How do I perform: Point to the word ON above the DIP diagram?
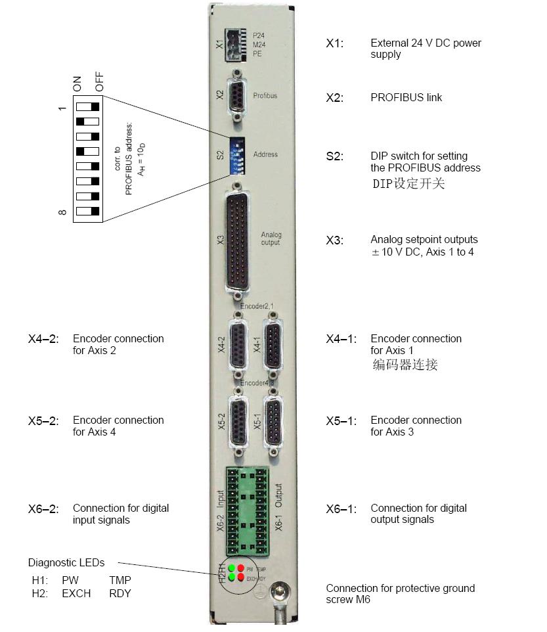click(77, 84)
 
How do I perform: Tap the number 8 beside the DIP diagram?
click(62, 212)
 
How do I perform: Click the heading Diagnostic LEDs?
click(66, 562)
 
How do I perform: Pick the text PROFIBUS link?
click(406, 98)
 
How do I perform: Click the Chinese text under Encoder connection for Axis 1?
click(405, 365)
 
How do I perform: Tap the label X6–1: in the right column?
click(341, 509)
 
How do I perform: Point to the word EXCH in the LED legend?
click(75, 593)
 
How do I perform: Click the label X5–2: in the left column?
click(43, 421)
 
